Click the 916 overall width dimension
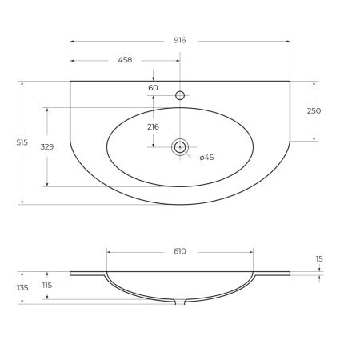tap(179, 40)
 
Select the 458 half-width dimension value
tap(125, 60)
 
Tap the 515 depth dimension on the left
tap(22, 142)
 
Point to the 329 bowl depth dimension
tap(46, 147)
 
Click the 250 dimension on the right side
tap(314, 111)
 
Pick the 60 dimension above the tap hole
tap(153, 87)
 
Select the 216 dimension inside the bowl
tap(153, 126)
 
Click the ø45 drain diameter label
tap(206, 158)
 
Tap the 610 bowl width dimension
tap(179, 251)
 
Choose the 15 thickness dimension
tap(319, 258)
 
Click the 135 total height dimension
tap(22, 287)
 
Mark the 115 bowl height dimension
tap(46, 286)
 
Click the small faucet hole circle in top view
tap(180, 95)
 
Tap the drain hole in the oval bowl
tap(180, 146)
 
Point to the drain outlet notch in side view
tap(180, 302)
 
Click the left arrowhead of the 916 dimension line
tap(72, 40)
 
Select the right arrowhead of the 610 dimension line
tap(252, 251)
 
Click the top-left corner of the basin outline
tap(70, 81)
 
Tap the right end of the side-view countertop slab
tap(289, 274)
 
